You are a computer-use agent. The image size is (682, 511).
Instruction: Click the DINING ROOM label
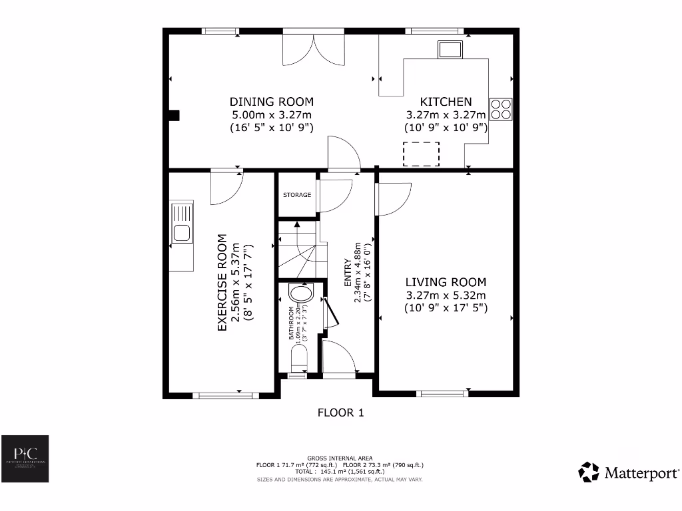(x=271, y=102)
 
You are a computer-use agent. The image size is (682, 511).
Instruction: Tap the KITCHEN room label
(x=446, y=102)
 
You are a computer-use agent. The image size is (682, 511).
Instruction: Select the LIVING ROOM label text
(x=446, y=282)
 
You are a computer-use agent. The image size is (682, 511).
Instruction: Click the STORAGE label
(x=297, y=195)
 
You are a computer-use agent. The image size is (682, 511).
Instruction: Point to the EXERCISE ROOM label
(x=222, y=282)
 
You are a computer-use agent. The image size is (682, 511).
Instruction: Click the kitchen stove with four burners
(x=501, y=108)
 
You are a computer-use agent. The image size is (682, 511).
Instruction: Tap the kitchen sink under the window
(x=450, y=49)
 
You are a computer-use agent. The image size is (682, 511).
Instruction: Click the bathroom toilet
(x=299, y=360)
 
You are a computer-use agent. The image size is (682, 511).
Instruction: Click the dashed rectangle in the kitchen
(x=422, y=153)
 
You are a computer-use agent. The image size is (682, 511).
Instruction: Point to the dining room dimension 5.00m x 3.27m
(x=271, y=114)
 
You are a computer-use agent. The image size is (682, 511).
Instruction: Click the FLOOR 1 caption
(x=340, y=413)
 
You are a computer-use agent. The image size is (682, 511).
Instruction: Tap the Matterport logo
(x=629, y=472)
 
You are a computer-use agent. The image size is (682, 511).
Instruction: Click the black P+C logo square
(x=25, y=459)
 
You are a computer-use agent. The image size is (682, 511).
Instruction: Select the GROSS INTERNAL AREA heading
(x=340, y=458)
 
